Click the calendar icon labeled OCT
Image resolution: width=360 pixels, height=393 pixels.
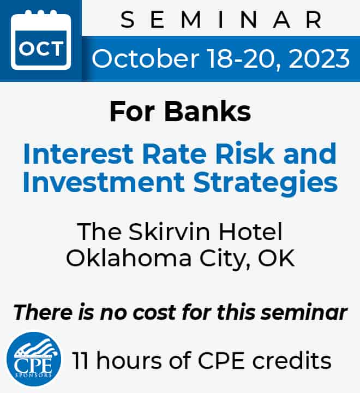point(41,40)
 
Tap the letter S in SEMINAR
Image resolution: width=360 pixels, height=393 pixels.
point(128,20)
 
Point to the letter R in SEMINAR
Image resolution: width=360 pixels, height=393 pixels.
point(314,20)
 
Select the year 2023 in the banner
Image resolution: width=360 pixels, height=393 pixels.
point(320,58)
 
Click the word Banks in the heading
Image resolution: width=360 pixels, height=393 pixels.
point(207,111)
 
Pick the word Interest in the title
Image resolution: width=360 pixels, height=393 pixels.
point(78,153)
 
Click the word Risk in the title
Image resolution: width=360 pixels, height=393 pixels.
point(245,153)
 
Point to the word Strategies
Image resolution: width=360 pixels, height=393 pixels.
point(266,183)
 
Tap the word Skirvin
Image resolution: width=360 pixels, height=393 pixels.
point(169,231)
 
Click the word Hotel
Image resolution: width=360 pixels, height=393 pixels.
point(250,231)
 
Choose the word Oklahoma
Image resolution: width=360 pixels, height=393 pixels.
point(129,258)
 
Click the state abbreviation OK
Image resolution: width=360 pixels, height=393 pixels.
point(277,258)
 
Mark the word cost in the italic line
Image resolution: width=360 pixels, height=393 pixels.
point(154,313)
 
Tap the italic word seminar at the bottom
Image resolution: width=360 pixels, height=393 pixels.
point(304,313)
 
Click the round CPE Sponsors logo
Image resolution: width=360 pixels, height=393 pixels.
point(34,359)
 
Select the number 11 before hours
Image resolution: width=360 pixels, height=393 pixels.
point(80,361)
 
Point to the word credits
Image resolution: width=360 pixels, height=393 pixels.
point(292,361)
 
